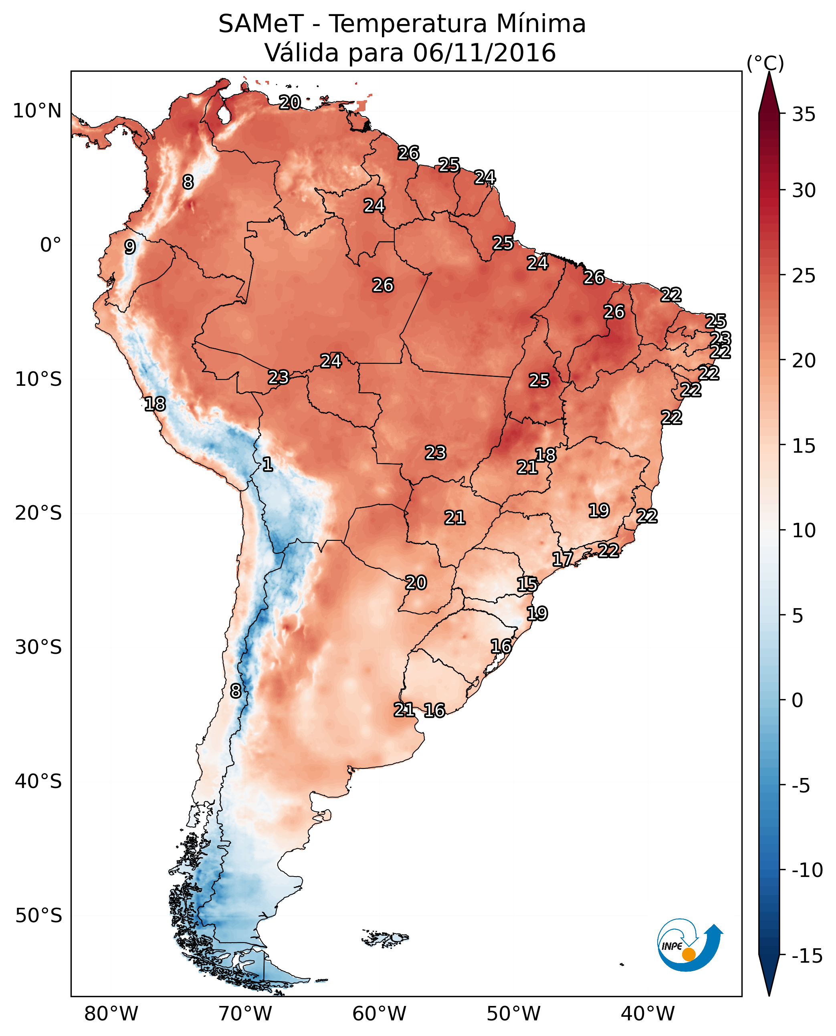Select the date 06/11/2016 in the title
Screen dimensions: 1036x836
tap(484, 53)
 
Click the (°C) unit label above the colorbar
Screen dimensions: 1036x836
tap(765, 64)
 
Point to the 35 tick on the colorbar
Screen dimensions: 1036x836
tap(804, 115)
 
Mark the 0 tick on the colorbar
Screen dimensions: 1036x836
tap(798, 700)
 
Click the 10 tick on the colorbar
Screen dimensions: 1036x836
tap(804, 530)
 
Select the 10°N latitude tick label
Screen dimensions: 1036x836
tap(37, 111)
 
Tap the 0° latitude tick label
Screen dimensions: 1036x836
tap(50, 245)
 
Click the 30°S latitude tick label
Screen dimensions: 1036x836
tap(38, 647)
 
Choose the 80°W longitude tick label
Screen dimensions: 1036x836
tap(111, 1012)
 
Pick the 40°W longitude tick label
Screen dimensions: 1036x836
tap(648, 1012)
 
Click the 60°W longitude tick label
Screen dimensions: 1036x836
tap(380, 1012)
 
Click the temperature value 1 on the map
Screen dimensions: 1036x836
tap(268, 465)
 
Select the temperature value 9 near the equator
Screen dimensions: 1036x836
tap(130, 247)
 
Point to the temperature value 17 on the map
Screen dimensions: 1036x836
tap(562, 559)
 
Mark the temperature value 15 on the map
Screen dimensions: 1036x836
tap(527, 585)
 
